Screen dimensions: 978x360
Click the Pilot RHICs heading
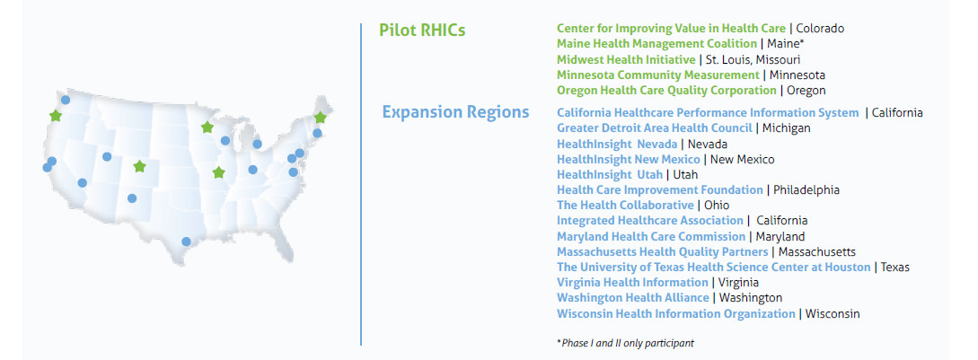[x=422, y=30]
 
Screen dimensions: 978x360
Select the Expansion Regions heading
[x=455, y=112]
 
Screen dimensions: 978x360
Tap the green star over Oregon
[x=56, y=115]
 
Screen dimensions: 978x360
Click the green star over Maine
[x=320, y=118]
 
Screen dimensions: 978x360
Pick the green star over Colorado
[x=139, y=167]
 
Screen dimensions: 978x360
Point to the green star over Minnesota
[x=207, y=127]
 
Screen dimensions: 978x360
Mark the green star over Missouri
[x=218, y=172]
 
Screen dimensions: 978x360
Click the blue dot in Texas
[x=186, y=241]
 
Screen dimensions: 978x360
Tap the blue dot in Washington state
[x=66, y=100]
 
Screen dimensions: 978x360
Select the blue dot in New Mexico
[x=132, y=198]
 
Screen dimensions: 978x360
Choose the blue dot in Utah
[x=107, y=156]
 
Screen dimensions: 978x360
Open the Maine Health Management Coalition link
[x=656, y=44]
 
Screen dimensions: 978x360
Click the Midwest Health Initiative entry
[x=626, y=59]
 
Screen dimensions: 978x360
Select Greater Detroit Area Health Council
[x=655, y=127]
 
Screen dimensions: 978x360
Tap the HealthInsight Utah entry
[x=610, y=175]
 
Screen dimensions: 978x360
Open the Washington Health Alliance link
[x=632, y=298]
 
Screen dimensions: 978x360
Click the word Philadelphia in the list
[x=806, y=190]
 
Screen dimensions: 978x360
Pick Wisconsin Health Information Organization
[x=675, y=314]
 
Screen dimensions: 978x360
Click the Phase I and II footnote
[x=625, y=343]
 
